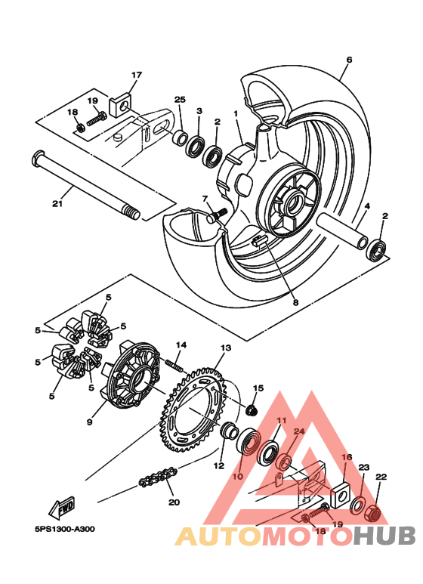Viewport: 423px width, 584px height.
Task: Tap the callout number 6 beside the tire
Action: pyautogui.click(x=349, y=60)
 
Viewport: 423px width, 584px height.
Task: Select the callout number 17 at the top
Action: pyautogui.click(x=137, y=75)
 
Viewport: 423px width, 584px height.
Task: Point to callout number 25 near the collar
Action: pyautogui.click(x=180, y=100)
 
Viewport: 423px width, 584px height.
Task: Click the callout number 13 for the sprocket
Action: pyautogui.click(x=225, y=348)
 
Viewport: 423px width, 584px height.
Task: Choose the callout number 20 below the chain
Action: pyautogui.click(x=174, y=502)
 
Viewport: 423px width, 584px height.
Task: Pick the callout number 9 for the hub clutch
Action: pyautogui.click(x=89, y=423)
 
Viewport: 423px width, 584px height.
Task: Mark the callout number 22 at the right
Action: pyautogui.click(x=381, y=477)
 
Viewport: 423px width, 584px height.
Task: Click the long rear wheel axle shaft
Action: pyautogui.click(x=83, y=185)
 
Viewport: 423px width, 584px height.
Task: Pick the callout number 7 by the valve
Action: pyautogui.click(x=204, y=199)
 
